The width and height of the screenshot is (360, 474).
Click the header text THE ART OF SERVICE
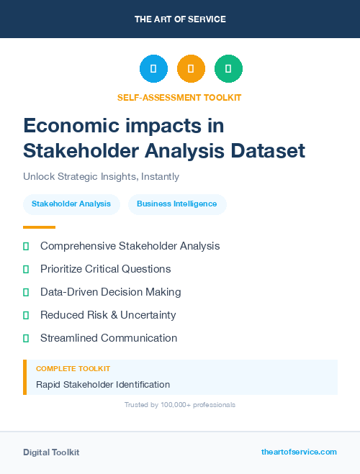click(180, 19)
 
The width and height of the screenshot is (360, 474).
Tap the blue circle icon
click(153, 69)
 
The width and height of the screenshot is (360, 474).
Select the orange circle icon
click(191, 69)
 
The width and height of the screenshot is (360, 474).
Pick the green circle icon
click(228, 69)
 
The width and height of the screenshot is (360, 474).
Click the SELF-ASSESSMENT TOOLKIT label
click(179, 97)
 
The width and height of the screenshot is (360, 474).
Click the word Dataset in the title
click(269, 151)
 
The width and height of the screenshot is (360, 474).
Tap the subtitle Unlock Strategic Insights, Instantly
click(101, 176)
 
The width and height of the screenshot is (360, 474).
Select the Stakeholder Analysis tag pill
click(71, 204)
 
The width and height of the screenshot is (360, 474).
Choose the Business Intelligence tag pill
click(177, 204)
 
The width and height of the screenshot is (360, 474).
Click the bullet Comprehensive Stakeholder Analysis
click(130, 246)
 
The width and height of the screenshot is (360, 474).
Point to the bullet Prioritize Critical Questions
click(105, 269)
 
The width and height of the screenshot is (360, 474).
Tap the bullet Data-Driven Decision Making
click(110, 292)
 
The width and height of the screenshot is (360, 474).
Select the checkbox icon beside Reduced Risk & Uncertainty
click(26, 315)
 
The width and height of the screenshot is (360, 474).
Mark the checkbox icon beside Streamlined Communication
click(26, 338)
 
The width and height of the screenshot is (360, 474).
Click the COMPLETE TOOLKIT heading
click(73, 369)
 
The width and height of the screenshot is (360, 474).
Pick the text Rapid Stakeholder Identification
click(103, 385)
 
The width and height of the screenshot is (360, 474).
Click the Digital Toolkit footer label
click(51, 452)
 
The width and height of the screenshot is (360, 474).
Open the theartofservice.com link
click(299, 452)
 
